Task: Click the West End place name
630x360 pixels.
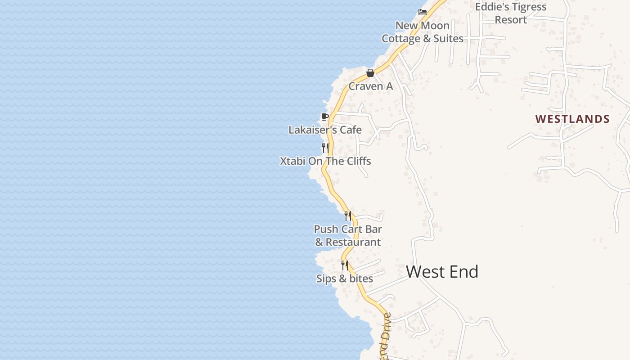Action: tap(442, 272)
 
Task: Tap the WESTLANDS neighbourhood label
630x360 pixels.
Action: tap(572, 119)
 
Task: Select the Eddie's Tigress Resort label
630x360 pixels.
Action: tap(511, 13)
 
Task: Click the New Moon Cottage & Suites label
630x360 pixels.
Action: tap(423, 32)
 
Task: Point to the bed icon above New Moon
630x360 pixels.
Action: tap(422, 12)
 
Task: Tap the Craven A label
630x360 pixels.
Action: tap(370, 86)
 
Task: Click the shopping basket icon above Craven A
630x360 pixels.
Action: tap(370, 73)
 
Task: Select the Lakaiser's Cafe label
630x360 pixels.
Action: tap(325, 130)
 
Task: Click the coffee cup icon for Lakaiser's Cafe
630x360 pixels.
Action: tap(324, 117)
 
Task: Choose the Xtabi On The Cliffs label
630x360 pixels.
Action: tap(325, 161)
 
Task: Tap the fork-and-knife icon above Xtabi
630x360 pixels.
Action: tap(325, 148)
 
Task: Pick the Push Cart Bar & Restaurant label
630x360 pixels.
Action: tap(348, 236)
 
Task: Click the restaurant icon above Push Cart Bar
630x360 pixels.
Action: tap(347, 216)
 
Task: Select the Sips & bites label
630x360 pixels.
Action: tap(345, 279)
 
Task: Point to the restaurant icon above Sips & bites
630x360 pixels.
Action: tap(345, 265)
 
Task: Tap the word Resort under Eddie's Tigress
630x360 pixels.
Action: tap(511, 20)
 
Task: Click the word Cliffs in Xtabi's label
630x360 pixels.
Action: tap(357, 161)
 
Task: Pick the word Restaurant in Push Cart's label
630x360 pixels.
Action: tap(353, 242)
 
